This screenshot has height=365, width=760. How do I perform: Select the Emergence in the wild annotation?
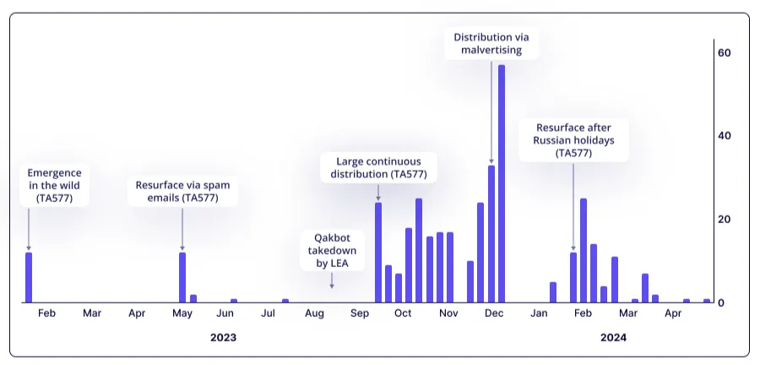[x=54, y=185]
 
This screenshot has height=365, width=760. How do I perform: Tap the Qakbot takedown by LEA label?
[x=331, y=251]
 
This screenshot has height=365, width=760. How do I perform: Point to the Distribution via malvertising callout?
[x=492, y=43]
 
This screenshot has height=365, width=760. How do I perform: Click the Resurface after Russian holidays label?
[x=574, y=140]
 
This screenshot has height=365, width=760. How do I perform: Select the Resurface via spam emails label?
[x=182, y=191]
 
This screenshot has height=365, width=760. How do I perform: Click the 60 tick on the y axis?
[x=724, y=52]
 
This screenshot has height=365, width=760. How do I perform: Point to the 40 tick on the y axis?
[x=724, y=136]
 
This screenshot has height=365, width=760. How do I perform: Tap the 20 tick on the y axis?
[x=724, y=220]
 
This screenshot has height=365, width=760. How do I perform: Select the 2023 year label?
[x=223, y=337]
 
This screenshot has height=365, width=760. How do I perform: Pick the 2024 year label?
[x=613, y=337]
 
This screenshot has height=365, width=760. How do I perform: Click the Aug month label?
[x=313, y=314]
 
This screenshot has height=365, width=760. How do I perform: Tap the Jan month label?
[x=540, y=314]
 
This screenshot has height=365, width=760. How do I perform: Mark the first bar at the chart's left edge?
[x=29, y=277]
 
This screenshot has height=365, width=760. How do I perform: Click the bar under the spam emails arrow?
[x=182, y=277]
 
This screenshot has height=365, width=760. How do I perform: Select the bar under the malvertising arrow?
[x=491, y=234]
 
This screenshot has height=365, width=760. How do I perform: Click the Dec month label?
[x=494, y=314]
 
